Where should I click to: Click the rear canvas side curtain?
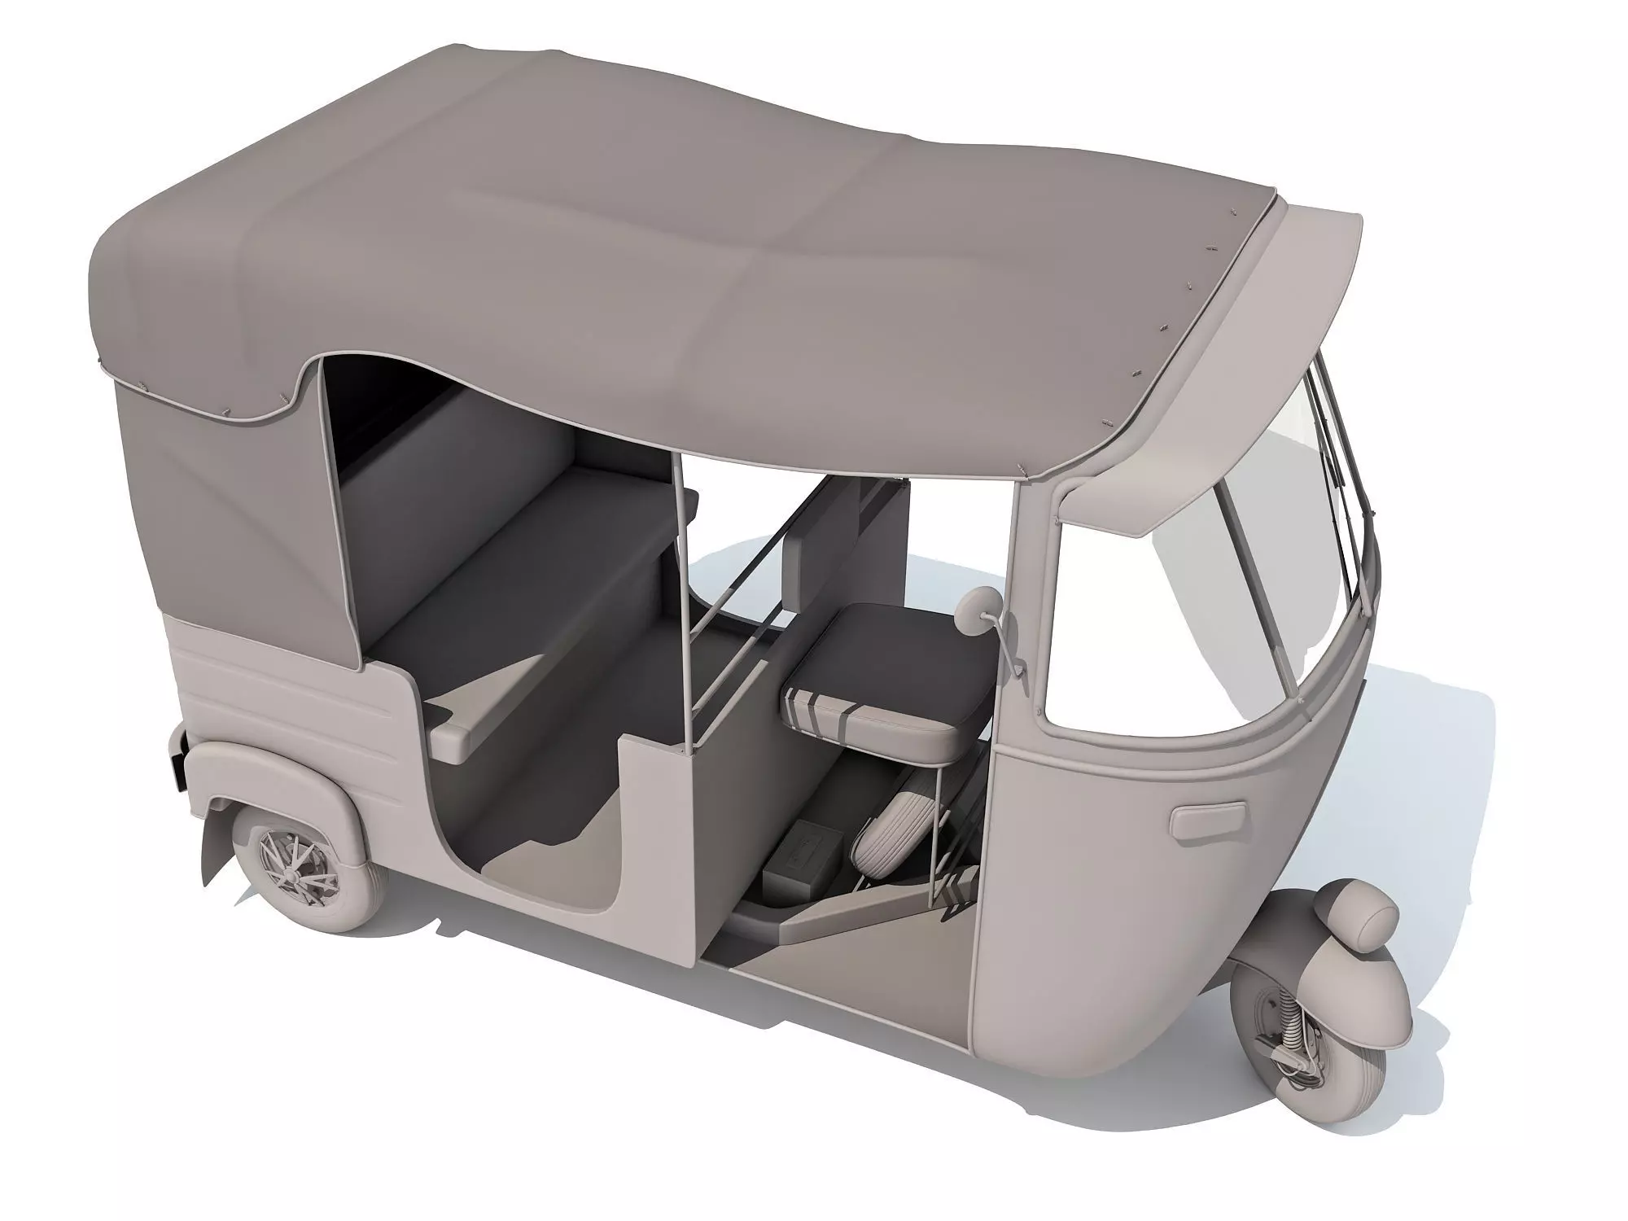[236, 505]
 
